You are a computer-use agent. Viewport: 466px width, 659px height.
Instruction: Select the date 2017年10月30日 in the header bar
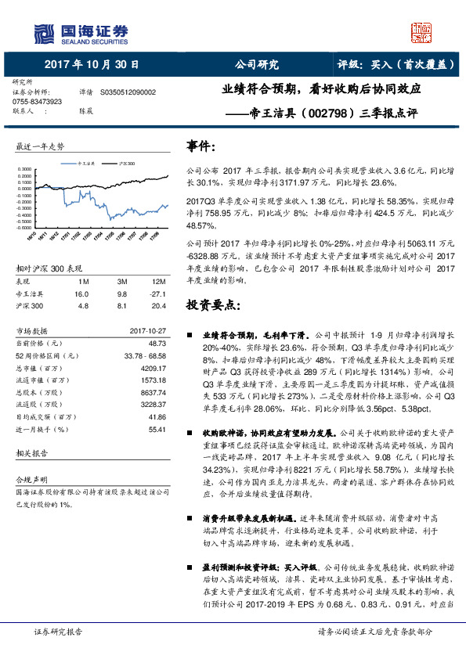coord(92,65)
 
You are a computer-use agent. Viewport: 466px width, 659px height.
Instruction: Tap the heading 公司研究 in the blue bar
coord(256,65)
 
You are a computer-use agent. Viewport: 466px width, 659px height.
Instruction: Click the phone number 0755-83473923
coord(38,102)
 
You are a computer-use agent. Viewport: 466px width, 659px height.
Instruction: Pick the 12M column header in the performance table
coord(159,280)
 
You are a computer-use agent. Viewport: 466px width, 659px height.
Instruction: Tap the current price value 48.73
coord(157,342)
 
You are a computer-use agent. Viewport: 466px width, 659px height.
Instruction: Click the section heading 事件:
coord(200,145)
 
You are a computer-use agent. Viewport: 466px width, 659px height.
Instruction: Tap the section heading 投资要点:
coord(211,303)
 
